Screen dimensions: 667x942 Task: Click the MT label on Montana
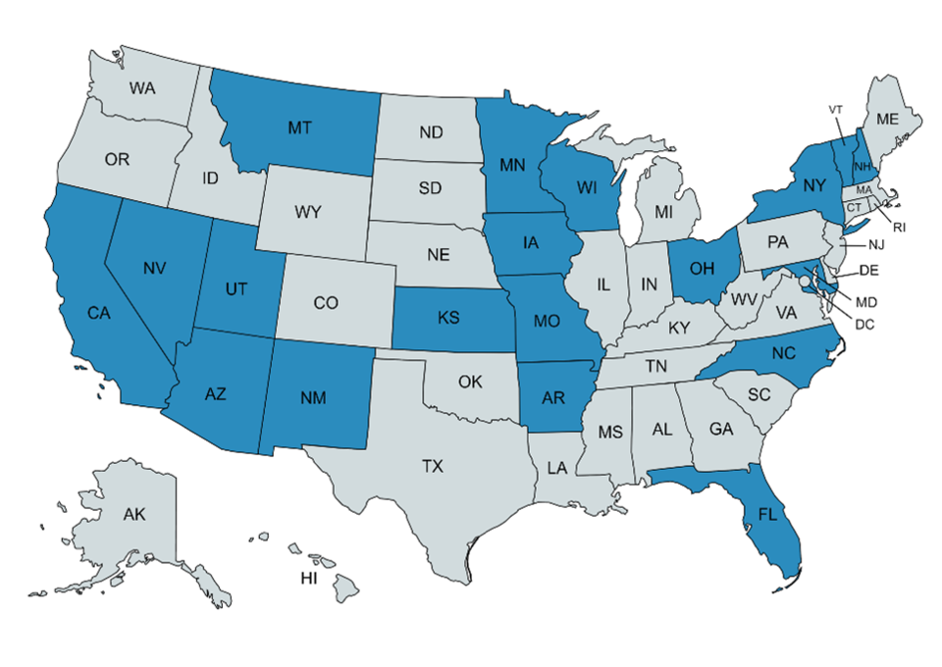300,127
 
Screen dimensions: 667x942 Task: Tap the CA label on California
98,313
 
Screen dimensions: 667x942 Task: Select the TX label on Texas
433,467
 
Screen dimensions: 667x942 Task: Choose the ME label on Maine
887,119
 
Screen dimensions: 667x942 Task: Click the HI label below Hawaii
309,580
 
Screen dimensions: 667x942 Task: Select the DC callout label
864,323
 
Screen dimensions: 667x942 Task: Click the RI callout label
899,227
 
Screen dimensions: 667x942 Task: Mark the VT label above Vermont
836,110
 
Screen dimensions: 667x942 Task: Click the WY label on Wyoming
307,211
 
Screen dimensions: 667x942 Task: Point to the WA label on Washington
143,87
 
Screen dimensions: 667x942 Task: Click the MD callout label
867,302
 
